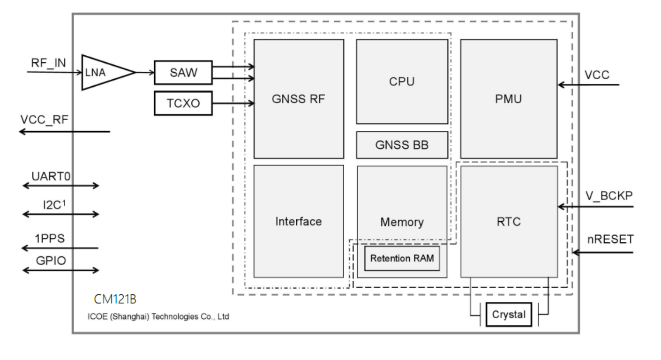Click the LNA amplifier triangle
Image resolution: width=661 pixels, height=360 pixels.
[x=103, y=72]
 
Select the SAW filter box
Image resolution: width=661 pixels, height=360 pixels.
[x=183, y=72]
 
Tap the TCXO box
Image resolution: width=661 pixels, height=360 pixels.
[x=183, y=104]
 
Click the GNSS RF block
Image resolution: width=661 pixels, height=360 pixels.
[x=299, y=99]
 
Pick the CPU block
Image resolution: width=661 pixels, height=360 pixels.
[x=402, y=81]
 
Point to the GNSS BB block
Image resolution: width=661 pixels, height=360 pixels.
[x=402, y=145]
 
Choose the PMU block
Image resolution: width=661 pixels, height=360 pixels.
[x=509, y=99]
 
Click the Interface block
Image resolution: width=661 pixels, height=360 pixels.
[x=299, y=221]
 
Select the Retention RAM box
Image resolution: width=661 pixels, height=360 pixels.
[x=402, y=258]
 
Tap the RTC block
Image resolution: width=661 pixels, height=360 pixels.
[x=509, y=221]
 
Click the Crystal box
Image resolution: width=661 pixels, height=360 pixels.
[x=509, y=315]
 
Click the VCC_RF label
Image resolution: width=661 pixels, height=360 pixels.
[x=45, y=120]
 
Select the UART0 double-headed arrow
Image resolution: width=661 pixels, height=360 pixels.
[x=61, y=186]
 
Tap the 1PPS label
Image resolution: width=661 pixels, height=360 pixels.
[x=49, y=238]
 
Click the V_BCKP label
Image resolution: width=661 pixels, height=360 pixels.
[x=609, y=196]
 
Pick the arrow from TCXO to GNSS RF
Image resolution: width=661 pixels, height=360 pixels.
[x=233, y=104]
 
